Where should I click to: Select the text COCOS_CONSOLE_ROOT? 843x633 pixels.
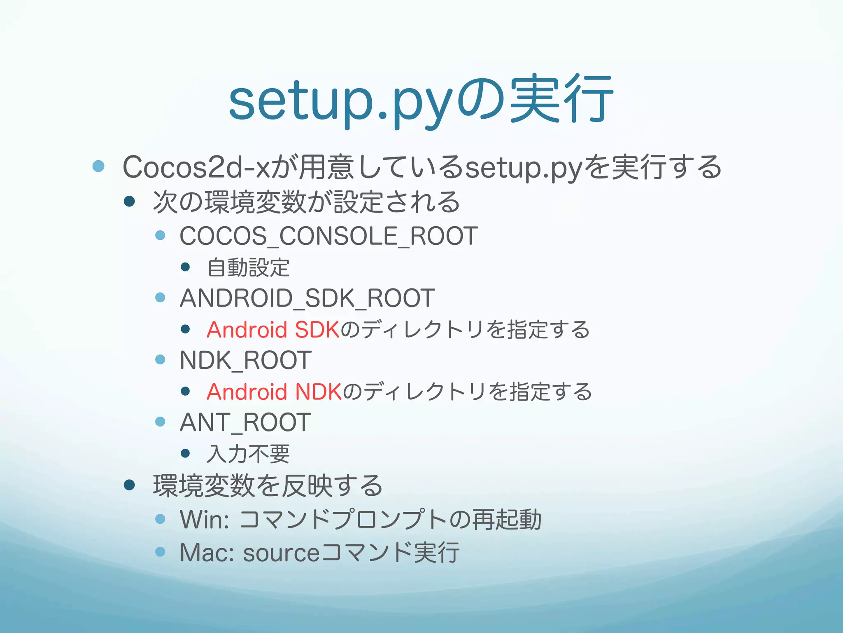[x=328, y=236]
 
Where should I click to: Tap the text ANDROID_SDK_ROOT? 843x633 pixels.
[x=307, y=298]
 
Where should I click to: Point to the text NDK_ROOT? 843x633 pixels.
[x=245, y=360]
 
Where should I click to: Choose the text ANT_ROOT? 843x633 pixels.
[x=245, y=422]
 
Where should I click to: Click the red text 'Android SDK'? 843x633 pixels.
[x=273, y=330]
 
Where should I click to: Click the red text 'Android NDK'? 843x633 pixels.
[x=274, y=392]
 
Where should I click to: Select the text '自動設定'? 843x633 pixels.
[x=248, y=267]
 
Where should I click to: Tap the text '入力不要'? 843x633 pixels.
[x=248, y=454]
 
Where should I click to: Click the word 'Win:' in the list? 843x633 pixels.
[x=205, y=519]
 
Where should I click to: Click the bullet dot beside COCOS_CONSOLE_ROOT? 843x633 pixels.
[x=160, y=236]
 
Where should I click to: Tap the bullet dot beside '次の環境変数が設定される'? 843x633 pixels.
[x=129, y=202]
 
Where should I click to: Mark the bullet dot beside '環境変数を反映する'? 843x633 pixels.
[x=129, y=485]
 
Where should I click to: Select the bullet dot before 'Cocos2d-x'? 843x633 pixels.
[x=98, y=166]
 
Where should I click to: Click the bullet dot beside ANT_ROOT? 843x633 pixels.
[x=160, y=422]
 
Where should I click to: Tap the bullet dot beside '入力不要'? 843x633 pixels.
[x=185, y=453]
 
